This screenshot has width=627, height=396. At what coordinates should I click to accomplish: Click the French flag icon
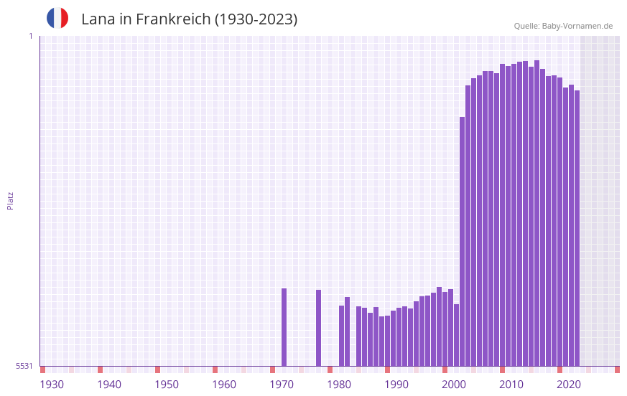click(x=57, y=18)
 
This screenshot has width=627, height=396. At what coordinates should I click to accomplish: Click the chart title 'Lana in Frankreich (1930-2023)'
click(x=189, y=19)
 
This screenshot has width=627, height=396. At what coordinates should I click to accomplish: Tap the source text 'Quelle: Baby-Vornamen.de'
click(x=563, y=26)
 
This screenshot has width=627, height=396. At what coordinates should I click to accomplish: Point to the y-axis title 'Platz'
click(x=10, y=200)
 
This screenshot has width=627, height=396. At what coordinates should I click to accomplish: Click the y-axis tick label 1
click(x=30, y=36)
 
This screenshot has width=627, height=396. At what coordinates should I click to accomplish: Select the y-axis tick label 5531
click(x=24, y=366)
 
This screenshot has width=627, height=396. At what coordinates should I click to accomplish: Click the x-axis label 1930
click(x=52, y=385)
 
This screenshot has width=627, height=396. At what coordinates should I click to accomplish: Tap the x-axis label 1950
click(x=167, y=385)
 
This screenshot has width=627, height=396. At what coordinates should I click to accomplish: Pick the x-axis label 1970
click(x=282, y=385)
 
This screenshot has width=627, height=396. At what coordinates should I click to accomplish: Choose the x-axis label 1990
click(x=396, y=385)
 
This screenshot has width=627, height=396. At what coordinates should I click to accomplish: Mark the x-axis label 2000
click(x=454, y=385)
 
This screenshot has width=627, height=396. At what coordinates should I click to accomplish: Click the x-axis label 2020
click(x=569, y=385)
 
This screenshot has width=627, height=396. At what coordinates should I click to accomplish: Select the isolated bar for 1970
click(x=284, y=327)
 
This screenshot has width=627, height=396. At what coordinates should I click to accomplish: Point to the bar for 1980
click(x=341, y=336)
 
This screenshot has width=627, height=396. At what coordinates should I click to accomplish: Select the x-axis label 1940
click(x=109, y=385)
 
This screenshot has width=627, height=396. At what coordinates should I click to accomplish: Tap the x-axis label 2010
click(x=511, y=385)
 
